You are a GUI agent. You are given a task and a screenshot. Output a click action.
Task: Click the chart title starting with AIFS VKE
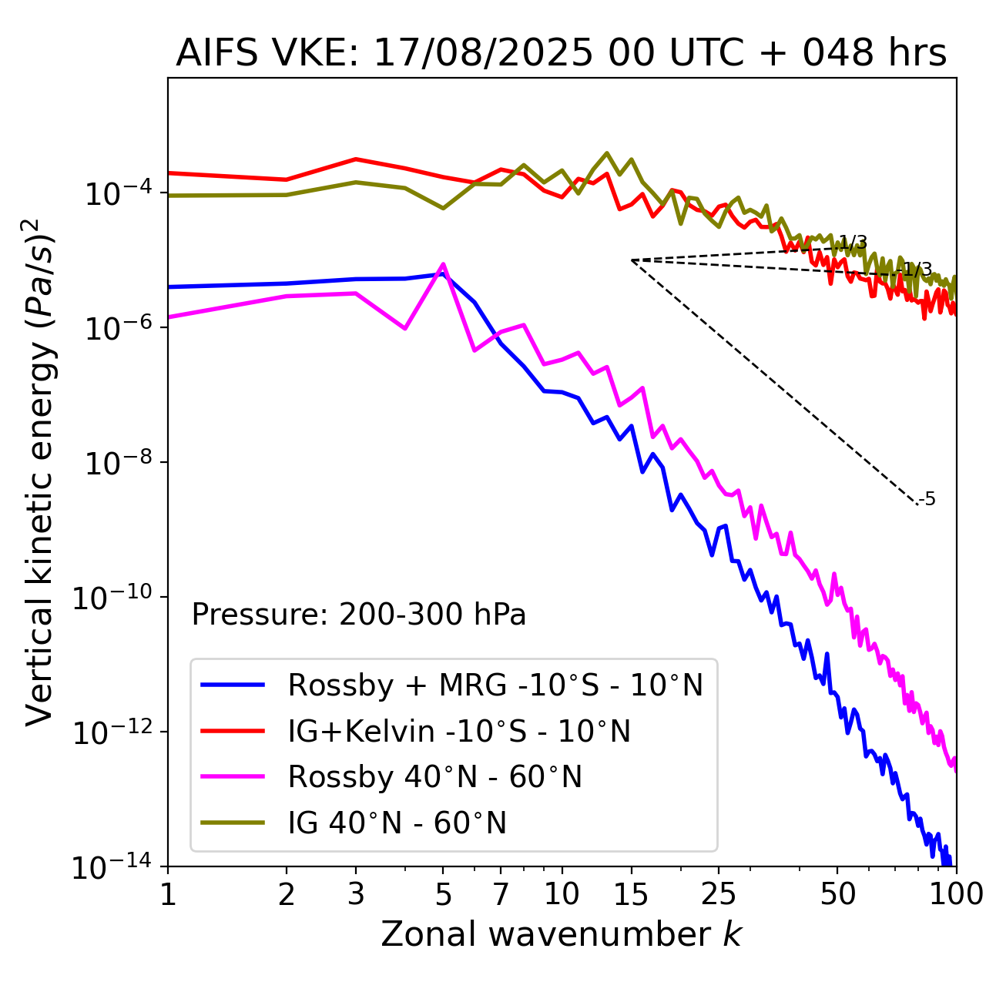point(561,54)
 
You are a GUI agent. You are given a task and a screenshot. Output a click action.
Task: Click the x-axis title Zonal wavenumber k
point(561,934)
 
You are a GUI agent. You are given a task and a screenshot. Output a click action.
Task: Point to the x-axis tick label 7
point(501,894)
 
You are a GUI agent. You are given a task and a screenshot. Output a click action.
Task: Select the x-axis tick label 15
point(631,894)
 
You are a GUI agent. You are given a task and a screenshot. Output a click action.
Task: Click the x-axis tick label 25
point(718,894)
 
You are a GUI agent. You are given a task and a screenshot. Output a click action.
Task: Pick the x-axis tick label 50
point(837,894)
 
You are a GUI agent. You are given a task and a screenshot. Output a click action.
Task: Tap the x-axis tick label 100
point(956,894)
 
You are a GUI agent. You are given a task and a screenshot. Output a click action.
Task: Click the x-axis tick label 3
point(356,894)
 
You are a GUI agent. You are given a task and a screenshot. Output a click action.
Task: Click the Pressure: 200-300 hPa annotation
point(359,615)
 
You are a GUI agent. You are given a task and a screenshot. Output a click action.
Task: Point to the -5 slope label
point(927,500)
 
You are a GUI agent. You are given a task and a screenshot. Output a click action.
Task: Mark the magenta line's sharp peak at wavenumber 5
point(443,264)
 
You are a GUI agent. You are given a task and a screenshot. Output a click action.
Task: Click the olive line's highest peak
point(607,153)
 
